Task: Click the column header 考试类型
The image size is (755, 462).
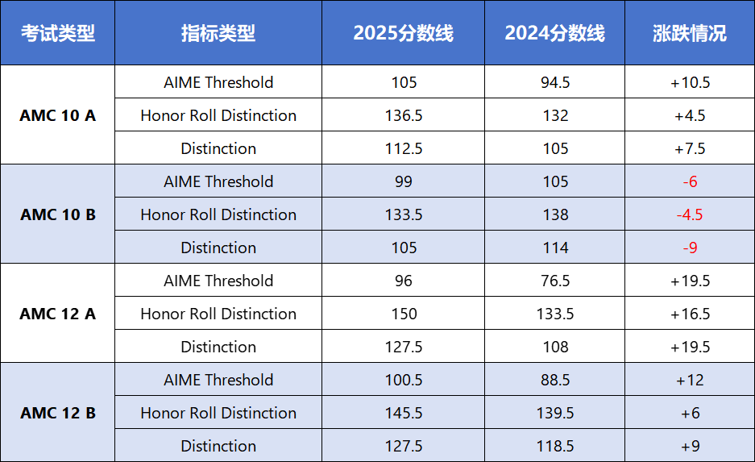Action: [57, 33]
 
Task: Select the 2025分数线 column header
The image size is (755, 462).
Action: [403, 33]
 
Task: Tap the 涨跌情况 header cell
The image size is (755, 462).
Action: [689, 33]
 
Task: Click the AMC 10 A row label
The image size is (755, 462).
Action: [57, 115]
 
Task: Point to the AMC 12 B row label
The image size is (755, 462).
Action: [57, 413]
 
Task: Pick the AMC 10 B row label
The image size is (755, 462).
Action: [57, 214]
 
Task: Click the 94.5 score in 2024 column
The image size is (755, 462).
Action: [555, 82]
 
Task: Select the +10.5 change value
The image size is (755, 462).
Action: [690, 82]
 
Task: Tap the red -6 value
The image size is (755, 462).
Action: [690, 181]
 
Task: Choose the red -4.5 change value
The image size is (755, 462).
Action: [690, 214]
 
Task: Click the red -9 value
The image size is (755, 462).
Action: [690, 248]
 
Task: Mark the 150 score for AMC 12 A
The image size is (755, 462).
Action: [404, 314]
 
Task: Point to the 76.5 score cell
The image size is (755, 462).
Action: [555, 281]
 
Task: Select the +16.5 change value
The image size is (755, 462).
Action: [690, 314]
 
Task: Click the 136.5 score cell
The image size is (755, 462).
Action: [404, 115]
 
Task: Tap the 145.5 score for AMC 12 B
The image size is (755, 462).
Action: [404, 413]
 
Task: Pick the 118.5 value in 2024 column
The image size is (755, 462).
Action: [555, 446]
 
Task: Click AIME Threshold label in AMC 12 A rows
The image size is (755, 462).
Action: [218, 281]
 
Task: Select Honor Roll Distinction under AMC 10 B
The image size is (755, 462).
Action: [218, 214]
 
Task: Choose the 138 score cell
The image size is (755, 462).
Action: [555, 214]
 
